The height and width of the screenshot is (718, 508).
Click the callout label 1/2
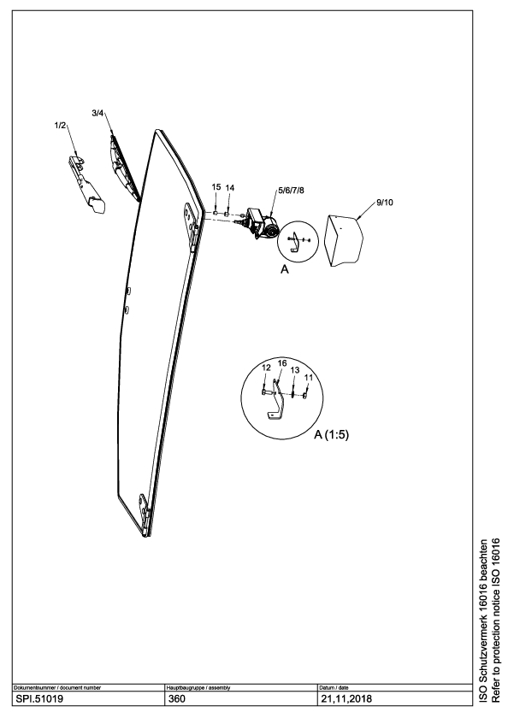click(x=60, y=126)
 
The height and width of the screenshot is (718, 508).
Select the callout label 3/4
click(x=97, y=113)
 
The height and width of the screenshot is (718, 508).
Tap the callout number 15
click(x=216, y=187)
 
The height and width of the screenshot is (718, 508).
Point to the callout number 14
click(x=230, y=188)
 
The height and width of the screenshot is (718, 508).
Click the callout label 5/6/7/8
click(x=291, y=191)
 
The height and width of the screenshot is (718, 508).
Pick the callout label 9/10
click(x=385, y=203)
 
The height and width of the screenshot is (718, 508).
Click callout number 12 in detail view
click(x=266, y=368)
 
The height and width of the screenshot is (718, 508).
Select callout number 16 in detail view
click(x=282, y=363)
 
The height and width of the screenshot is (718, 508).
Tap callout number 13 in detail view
click(x=295, y=370)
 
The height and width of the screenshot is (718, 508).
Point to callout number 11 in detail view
click(x=309, y=377)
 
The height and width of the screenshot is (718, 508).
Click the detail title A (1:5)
click(x=331, y=435)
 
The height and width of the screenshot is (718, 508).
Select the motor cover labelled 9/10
click(x=344, y=241)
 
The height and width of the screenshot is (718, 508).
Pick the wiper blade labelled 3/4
click(x=124, y=168)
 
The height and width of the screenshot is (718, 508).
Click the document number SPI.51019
click(x=40, y=699)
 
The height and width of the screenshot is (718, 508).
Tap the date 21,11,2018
click(x=346, y=699)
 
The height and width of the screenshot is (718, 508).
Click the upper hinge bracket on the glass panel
click(x=192, y=226)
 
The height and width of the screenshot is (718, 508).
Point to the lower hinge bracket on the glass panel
click(x=145, y=514)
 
